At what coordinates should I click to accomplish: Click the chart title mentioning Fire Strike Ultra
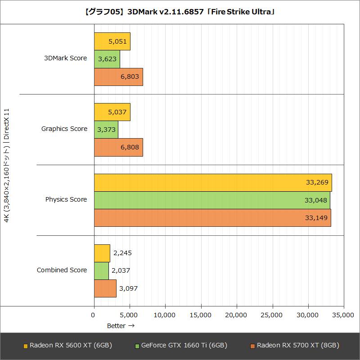pos(180,12)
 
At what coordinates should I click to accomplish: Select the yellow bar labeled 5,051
pos(112,41)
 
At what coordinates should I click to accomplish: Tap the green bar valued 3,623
pos(107,59)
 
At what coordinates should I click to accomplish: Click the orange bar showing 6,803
pos(118,77)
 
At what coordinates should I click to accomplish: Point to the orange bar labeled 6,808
pos(118,147)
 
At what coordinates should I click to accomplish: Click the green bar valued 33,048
pos(212,200)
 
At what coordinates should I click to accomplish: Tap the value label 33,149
pos(317,218)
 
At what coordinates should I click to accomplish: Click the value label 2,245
pos(122,253)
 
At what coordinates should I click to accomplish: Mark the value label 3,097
pos(129,288)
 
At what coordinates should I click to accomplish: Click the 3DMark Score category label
pos(65,58)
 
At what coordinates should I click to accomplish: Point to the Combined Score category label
pos(62,270)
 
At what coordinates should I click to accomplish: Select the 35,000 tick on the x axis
pos(343,316)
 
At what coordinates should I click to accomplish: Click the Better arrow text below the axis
pos(121,325)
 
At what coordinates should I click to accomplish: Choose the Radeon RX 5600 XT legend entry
pos(67,346)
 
